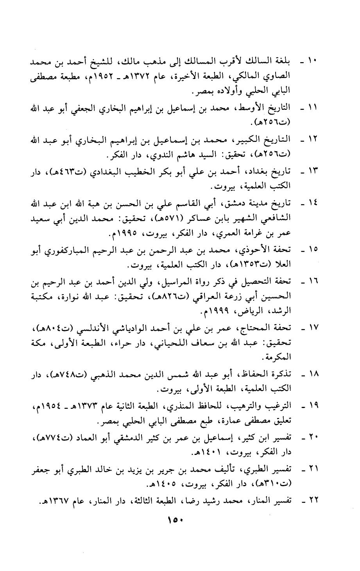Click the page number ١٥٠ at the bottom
point(176,521)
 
